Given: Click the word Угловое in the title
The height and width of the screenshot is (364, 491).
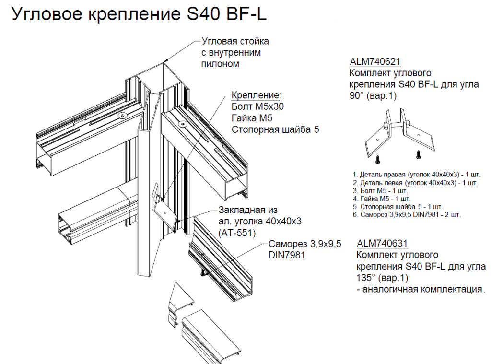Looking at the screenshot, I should point(46,14).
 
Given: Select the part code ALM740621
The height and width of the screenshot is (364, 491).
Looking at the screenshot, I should point(375,62).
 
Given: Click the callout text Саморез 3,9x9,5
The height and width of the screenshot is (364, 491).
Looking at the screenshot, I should point(305,244).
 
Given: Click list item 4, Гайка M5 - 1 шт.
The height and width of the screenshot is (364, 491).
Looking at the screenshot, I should point(382,199).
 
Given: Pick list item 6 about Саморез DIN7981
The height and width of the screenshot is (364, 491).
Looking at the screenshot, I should point(406,215).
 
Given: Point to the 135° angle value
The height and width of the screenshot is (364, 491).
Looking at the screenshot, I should point(365,278).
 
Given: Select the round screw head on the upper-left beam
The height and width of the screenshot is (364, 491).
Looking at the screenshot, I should point(123,116).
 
